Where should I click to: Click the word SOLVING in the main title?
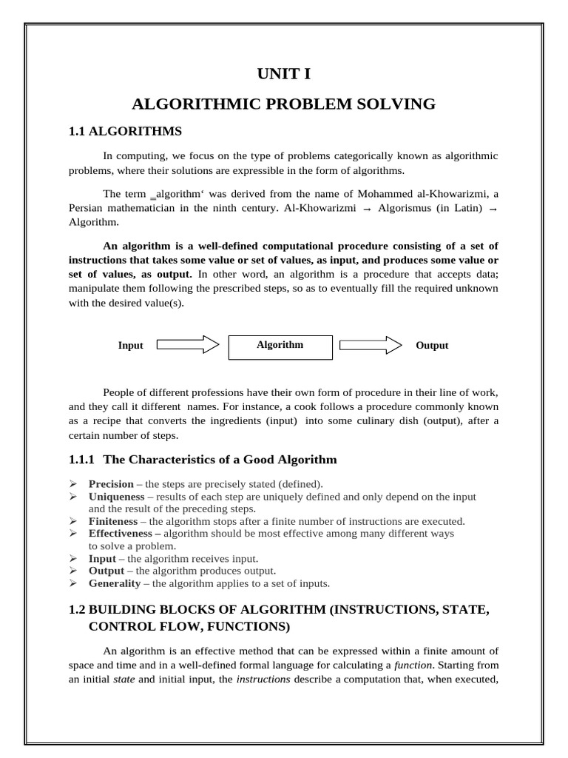395,104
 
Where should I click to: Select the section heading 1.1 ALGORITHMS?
124,131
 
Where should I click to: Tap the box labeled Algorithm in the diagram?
280,346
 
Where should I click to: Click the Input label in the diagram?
131,346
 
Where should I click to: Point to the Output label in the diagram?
432,346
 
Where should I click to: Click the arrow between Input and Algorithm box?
188,345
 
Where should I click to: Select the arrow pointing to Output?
371,345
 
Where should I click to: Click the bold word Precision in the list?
111,484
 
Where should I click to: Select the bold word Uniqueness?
117,497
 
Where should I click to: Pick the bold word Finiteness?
113,521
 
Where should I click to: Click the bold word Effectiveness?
122,533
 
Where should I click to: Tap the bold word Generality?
115,583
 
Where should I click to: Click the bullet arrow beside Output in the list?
73,571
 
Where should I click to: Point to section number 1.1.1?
82,460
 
